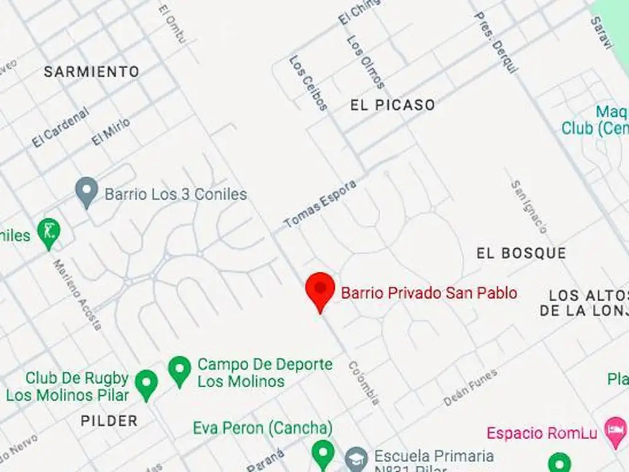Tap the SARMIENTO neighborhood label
click(x=92, y=72)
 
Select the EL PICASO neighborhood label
click(x=393, y=105)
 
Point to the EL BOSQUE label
click(x=521, y=253)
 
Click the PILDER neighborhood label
click(x=109, y=421)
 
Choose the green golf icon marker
click(x=49, y=232)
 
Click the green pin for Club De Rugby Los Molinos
click(x=146, y=383)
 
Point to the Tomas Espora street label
click(x=319, y=205)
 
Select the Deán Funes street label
click(x=471, y=387)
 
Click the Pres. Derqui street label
click(x=496, y=42)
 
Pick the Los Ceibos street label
click(x=308, y=83)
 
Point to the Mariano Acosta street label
click(x=77, y=295)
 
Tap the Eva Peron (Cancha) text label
click(x=262, y=428)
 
